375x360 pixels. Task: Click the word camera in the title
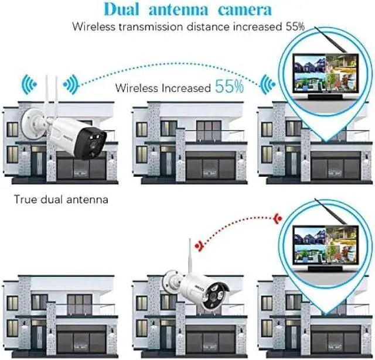pyautogui.click(x=241, y=10)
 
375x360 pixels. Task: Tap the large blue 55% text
pyautogui.click(x=229, y=87)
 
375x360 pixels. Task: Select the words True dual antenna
pyautogui.click(x=61, y=200)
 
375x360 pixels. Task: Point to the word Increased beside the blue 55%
pyautogui.click(x=182, y=88)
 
